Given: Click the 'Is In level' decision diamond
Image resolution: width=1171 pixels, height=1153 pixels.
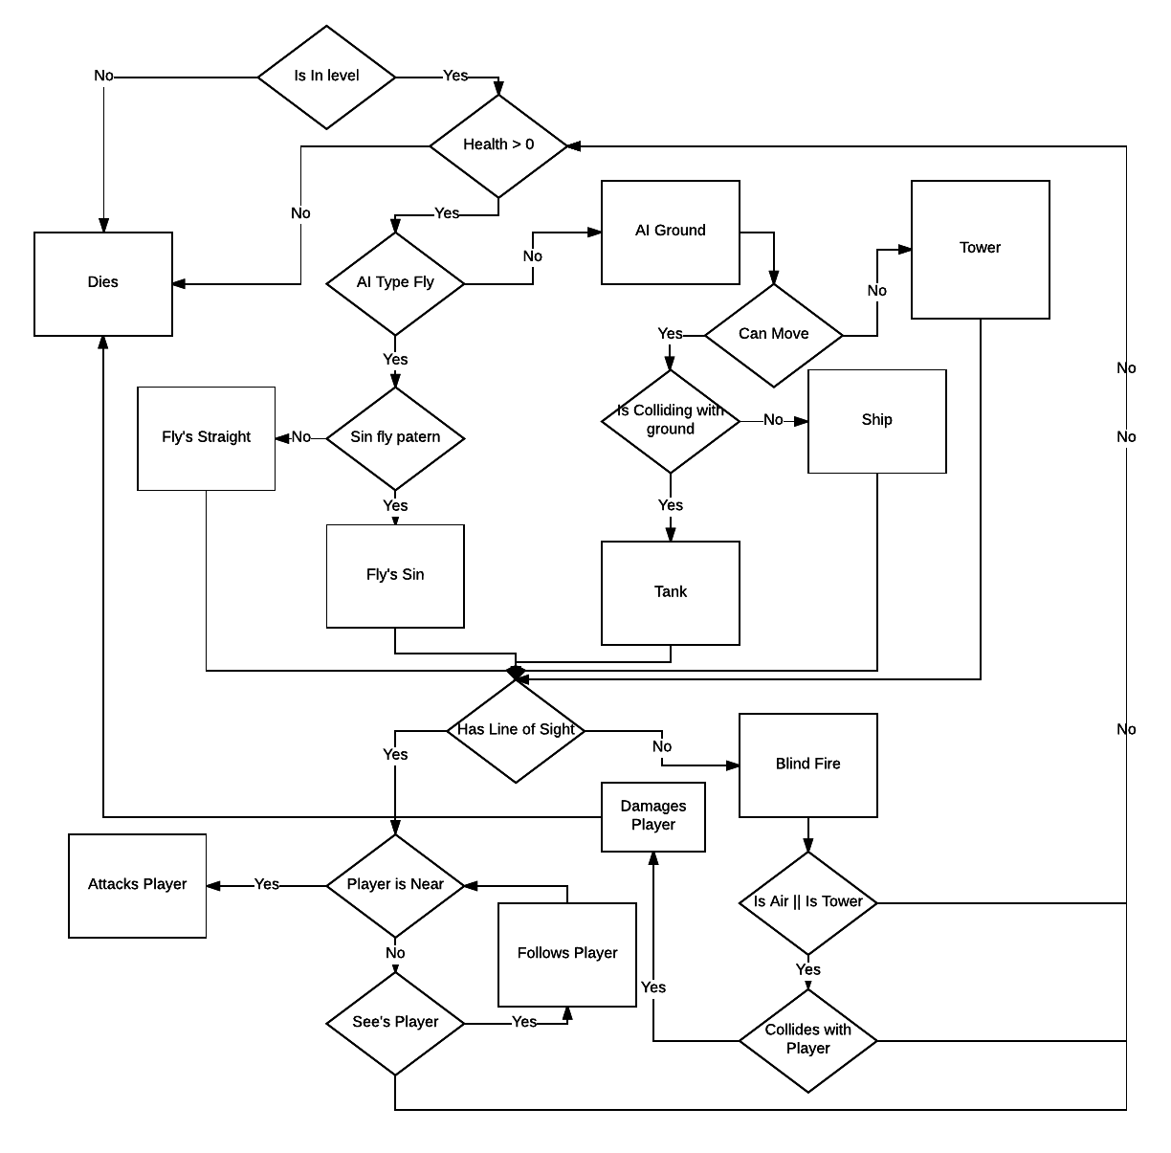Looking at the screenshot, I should pyautogui.click(x=326, y=77).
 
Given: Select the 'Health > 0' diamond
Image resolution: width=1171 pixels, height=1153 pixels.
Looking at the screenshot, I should pyautogui.click(x=498, y=145).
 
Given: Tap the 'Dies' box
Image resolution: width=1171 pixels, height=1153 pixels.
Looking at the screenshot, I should pyautogui.click(x=103, y=283).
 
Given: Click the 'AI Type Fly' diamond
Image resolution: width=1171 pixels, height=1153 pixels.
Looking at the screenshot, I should pyautogui.click(x=395, y=283).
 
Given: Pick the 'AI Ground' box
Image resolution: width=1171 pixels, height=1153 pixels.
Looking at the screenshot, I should pyautogui.click(x=670, y=232).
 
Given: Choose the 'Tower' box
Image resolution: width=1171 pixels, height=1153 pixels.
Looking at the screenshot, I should pyautogui.click(x=980, y=249).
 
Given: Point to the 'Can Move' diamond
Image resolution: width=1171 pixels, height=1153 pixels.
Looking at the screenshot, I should pyautogui.click(x=773, y=335).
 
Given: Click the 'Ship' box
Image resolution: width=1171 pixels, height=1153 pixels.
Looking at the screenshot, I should pyautogui.click(x=876, y=421).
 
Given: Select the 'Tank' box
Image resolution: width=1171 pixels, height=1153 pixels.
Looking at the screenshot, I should pyautogui.click(x=670, y=592).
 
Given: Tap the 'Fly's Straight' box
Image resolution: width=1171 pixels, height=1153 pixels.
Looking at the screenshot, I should pyautogui.click(x=206, y=438).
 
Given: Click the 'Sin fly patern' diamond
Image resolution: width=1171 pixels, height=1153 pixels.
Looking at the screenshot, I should pyautogui.click(x=395, y=438).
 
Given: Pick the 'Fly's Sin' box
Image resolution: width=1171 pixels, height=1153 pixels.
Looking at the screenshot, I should pyautogui.click(x=395, y=575).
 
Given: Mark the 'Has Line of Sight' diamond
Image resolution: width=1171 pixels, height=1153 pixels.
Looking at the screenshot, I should pyautogui.click(x=516, y=730).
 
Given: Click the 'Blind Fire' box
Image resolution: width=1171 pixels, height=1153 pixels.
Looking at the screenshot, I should pyautogui.click(x=807, y=765).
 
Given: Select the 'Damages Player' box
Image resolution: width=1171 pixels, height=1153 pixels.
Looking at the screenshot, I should pyautogui.click(x=652, y=816).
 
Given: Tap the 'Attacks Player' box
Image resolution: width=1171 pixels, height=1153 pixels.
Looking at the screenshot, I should pyautogui.click(x=137, y=885).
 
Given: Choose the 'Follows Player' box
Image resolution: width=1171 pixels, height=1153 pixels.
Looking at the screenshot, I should pyautogui.click(x=566, y=954).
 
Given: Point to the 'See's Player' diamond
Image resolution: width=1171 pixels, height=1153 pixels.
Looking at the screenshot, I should pyautogui.click(x=395, y=1023).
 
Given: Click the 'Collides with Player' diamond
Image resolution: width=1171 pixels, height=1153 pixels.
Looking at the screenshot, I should pyautogui.click(x=807, y=1040).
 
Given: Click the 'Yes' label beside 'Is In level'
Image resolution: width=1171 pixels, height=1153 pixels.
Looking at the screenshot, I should pyautogui.click(x=455, y=77).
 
